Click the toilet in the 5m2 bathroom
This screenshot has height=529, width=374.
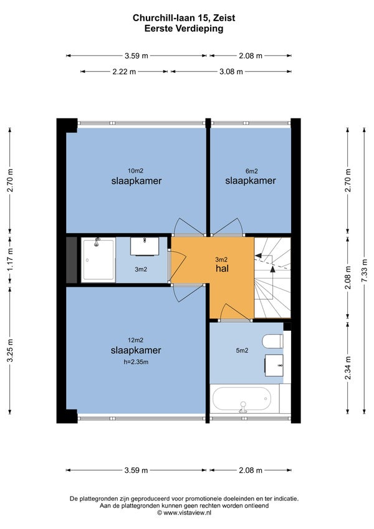(x=273, y=341)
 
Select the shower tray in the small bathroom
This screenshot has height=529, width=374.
(x=98, y=259)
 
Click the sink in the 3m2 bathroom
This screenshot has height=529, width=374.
(x=145, y=246)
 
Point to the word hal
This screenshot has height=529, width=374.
(x=222, y=268)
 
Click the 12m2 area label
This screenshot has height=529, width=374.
(x=135, y=340)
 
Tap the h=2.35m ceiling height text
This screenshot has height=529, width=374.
(x=136, y=363)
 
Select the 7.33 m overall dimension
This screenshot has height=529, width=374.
(x=364, y=271)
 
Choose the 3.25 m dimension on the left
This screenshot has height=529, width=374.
(x=10, y=351)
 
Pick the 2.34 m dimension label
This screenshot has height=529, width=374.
(x=348, y=368)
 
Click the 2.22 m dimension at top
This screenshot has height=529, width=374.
(x=124, y=72)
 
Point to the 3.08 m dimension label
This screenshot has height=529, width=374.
(x=231, y=72)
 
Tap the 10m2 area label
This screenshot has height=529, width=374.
(x=135, y=171)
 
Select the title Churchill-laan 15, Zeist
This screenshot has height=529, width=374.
(x=184, y=18)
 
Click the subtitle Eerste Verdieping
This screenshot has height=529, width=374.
(x=184, y=29)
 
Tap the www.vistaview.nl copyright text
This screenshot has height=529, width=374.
(x=185, y=512)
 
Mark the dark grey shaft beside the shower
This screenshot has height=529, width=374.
(x=72, y=260)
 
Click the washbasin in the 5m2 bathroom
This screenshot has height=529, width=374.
(x=274, y=365)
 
